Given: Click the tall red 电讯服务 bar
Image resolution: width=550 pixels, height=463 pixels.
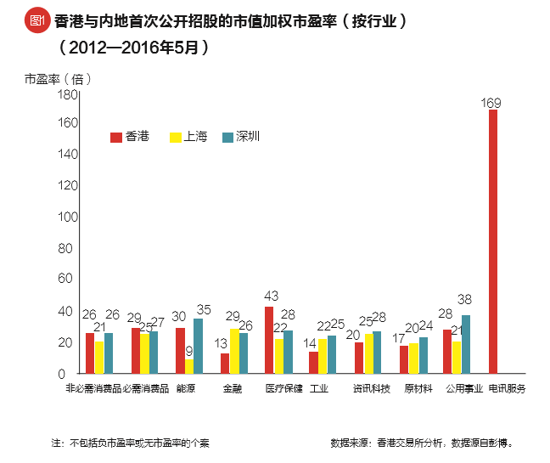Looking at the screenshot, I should pos(492,242).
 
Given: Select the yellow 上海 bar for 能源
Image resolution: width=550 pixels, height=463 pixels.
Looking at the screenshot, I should pos(189,366).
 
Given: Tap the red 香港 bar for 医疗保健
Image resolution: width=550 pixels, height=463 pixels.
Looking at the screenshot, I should pos(269,340).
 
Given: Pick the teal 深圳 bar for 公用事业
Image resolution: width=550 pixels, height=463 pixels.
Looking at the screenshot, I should pos(466,344).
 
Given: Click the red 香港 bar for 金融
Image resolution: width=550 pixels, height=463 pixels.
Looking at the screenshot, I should pos(225,363).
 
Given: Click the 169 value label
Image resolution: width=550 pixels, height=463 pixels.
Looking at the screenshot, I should pos(491,103).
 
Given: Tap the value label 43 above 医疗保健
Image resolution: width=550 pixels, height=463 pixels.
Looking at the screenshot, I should pos(271,296).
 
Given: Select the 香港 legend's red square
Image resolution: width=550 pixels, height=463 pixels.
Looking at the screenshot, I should pos(116,137).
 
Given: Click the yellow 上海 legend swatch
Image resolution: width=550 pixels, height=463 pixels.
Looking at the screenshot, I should pos(176,137).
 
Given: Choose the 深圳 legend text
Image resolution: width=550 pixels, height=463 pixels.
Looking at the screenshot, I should pos(248,137).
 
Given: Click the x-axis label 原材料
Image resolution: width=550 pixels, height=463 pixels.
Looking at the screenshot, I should pos(418,388).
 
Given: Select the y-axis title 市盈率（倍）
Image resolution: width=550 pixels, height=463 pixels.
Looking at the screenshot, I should pos(57,78).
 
